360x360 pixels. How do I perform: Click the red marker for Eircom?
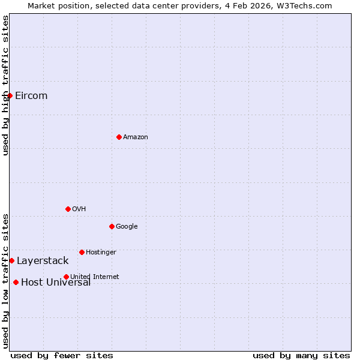click(10, 95)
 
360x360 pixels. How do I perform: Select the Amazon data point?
click(119, 137)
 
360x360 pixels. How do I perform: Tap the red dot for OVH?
click(68, 209)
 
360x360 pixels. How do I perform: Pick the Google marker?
click(112, 226)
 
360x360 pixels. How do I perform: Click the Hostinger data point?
click(82, 252)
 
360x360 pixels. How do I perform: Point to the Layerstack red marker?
click(11, 260)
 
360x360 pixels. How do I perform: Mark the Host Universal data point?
click(16, 282)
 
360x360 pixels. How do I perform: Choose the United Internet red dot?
click(66, 277)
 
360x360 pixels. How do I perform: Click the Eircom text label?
click(31, 95)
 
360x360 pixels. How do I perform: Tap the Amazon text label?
click(136, 137)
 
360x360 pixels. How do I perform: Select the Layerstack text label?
click(43, 260)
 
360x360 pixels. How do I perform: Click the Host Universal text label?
click(56, 283)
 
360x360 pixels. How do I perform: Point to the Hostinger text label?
click(101, 252)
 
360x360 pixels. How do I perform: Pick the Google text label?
click(127, 226)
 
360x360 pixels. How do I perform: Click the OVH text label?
click(79, 209)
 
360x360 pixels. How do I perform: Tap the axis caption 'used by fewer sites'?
click(62, 355)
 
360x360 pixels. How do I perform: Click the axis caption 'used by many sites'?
click(301, 355)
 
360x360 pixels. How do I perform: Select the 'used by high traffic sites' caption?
click(5, 85)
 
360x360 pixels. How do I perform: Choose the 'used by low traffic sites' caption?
click(5, 280)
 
